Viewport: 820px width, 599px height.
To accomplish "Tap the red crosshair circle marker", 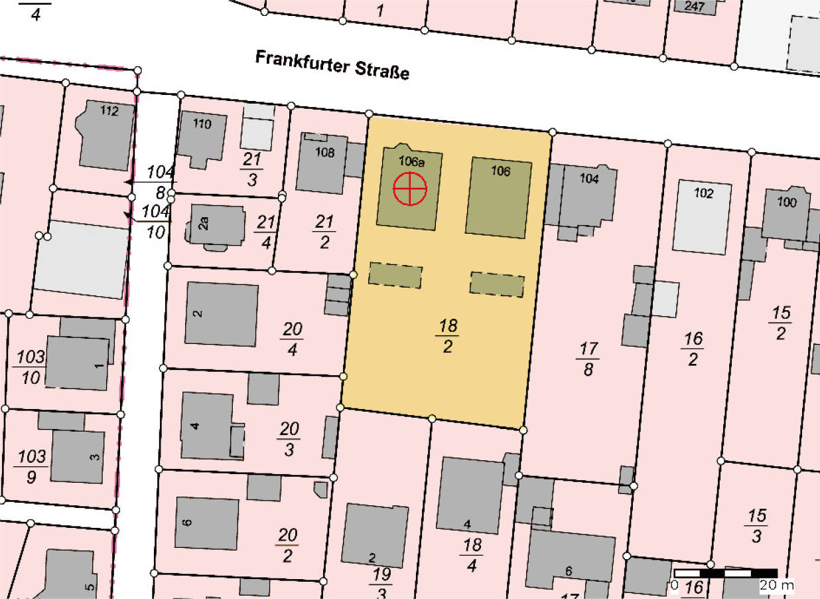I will [410, 189].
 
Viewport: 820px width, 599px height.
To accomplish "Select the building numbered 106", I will [499, 197].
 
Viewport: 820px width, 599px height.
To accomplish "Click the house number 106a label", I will [411, 161].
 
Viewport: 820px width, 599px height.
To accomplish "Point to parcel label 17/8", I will [588, 359].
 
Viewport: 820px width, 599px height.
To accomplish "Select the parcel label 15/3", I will [756, 525].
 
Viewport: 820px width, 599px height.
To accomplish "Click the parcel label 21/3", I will [251, 170].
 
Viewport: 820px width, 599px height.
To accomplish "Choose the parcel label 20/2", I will [287, 545].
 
